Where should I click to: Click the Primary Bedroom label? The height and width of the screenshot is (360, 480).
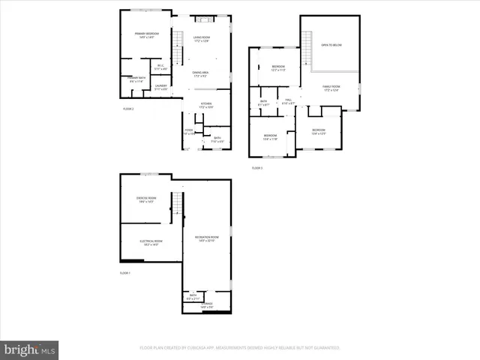click(x=147, y=34)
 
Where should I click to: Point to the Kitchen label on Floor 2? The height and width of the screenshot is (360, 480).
click(x=205, y=105)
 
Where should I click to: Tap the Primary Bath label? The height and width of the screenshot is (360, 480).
click(x=136, y=79)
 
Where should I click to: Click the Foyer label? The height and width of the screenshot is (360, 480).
click(x=190, y=131)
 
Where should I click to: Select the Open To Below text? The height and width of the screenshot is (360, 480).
click(x=331, y=45)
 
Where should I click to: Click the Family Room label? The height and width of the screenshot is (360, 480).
click(x=331, y=88)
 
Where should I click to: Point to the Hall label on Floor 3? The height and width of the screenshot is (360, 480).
click(x=288, y=102)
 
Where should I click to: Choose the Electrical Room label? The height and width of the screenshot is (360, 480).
click(x=150, y=242)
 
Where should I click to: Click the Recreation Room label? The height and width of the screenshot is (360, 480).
click(x=205, y=238)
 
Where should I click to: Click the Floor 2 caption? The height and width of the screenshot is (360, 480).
click(x=127, y=109)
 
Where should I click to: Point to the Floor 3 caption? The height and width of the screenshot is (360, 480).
click(x=257, y=168)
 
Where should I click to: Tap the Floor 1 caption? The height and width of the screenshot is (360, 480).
click(x=125, y=273)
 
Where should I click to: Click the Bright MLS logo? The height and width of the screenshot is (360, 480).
click(x=30, y=349)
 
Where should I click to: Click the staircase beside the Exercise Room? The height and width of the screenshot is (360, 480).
click(x=177, y=203)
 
